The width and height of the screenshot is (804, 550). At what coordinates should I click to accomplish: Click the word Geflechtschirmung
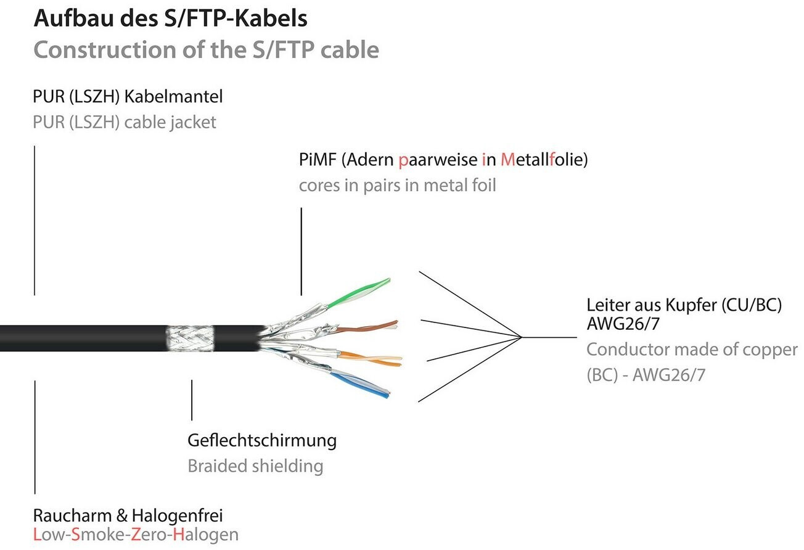tap(261, 441)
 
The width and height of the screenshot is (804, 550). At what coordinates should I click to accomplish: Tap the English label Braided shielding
tap(255, 466)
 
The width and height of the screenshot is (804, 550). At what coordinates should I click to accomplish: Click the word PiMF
tap(318, 160)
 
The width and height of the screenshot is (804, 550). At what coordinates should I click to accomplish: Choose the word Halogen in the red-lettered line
tap(206, 535)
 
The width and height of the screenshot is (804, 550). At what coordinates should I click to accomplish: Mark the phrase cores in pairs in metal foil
tap(397, 185)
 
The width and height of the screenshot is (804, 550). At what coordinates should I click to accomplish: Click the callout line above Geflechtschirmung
tap(192, 400)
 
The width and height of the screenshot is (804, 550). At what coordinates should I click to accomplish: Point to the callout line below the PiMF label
tap(301, 251)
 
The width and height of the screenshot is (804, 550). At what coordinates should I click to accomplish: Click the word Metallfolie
tap(544, 160)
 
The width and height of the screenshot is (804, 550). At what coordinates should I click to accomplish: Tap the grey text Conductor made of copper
tap(691, 350)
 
